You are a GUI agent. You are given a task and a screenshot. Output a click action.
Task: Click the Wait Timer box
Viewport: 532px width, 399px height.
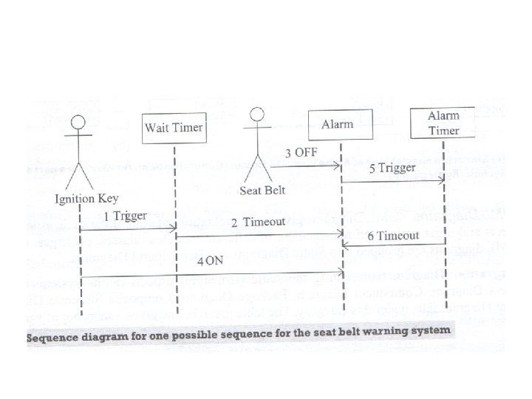click(x=173, y=128)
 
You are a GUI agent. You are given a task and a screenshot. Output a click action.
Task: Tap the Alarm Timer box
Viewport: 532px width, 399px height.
click(x=443, y=123)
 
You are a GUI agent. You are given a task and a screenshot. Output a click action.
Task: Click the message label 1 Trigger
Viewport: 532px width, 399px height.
click(x=125, y=216)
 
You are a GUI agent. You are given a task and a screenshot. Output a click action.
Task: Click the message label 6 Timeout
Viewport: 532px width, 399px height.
click(x=394, y=235)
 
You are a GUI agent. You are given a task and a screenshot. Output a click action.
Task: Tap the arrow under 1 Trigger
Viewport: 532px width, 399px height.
click(x=126, y=230)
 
